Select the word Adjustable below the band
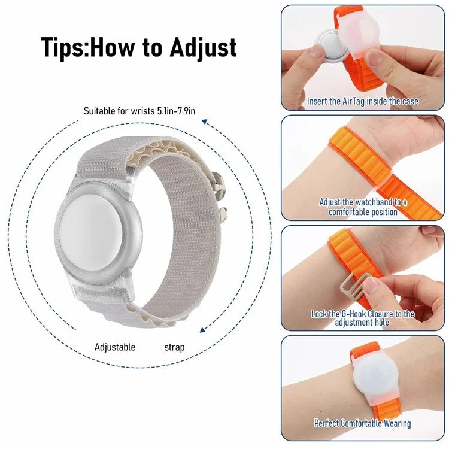(115, 347)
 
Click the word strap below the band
(174, 347)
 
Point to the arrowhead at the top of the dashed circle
(204, 122)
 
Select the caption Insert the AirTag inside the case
(363, 102)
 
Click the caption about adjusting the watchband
(363, 207)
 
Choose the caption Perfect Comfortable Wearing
(363, 423)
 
